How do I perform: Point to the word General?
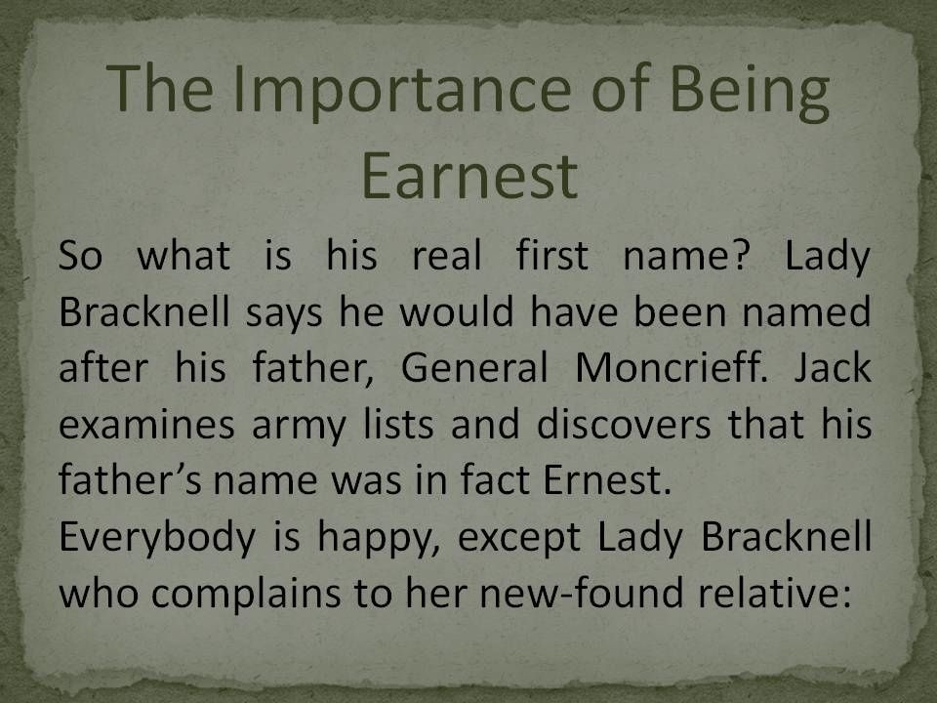tap(474, 367)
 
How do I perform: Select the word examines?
tap(146, 425)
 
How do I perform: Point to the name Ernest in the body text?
tap(607, 480)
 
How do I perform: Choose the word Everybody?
tap(157, 538)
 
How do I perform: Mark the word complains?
tap(246, 595)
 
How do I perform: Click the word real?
tap(446, 255)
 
